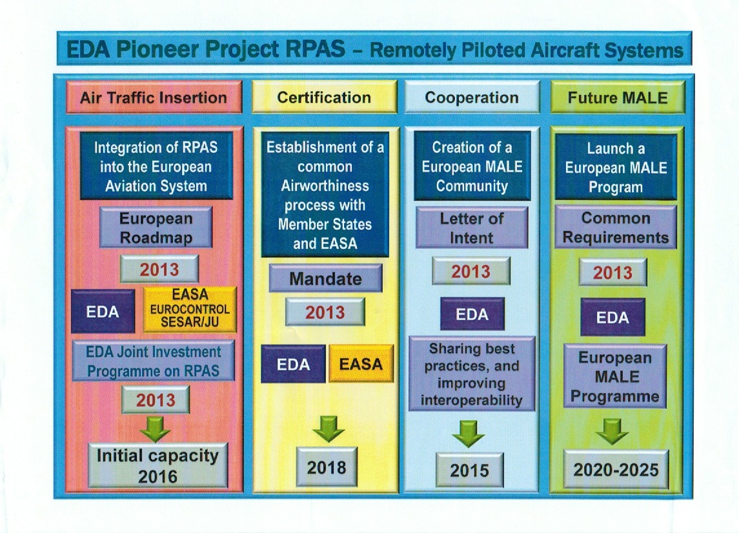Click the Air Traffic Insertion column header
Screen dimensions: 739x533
[154, 97]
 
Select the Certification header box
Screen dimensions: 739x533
[324, 97]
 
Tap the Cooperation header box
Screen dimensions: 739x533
[472, 97]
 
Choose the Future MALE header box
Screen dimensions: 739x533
[618, 97]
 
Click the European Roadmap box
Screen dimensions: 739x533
[156, 227]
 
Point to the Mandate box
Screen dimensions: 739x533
[326, 278]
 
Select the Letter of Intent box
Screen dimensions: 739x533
[472, 228]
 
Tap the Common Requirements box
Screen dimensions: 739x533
[616, 227]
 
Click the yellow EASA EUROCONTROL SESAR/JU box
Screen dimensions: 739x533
[190, 309]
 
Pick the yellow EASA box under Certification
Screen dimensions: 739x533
[361, 363]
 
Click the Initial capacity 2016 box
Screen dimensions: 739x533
[158, 465]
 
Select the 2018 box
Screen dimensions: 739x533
[327, 467]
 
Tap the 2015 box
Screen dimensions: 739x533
[469, 470]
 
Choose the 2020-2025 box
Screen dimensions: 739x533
[616, 469]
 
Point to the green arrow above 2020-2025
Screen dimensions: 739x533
[612, 431]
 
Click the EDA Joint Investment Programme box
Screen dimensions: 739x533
[154, 361]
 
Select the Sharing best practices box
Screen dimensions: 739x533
[472, 374]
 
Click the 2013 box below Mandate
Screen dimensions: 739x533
[325, 312]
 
